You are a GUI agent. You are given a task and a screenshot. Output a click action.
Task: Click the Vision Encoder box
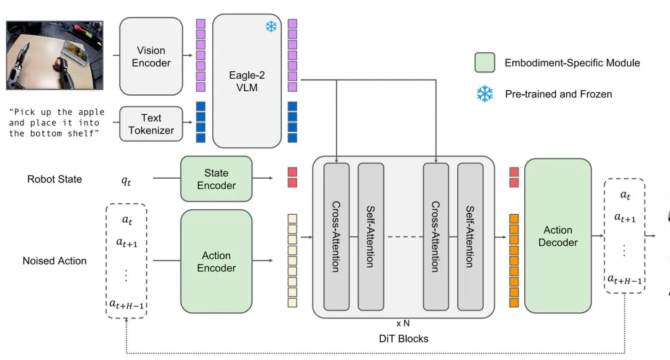(x=151, y=56)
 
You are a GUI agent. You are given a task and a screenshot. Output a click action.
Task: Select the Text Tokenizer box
(x=151, y=124)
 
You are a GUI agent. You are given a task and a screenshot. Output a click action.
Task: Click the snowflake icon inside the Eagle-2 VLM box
(x=271, y=27)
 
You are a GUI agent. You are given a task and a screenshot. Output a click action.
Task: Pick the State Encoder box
(x=216, y=179)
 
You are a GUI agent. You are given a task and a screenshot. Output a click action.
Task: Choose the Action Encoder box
(x=216, y=261)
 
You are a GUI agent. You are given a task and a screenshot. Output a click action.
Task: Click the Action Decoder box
(x=558, y=236)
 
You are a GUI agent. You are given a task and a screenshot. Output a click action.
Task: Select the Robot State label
(x=55, y=179)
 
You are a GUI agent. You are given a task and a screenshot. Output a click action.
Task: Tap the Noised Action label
(x=55, y=261)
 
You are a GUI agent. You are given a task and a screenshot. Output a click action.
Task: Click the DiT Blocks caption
(x=403, y=338)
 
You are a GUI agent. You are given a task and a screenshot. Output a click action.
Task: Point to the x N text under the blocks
(x=403, y=323)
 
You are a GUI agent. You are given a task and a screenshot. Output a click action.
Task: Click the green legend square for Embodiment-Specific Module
(x=484, y=63)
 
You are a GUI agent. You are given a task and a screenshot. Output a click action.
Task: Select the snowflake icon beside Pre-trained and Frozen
(x=484, y=94)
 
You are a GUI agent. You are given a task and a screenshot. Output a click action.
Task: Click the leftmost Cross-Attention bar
(x=336, y=236)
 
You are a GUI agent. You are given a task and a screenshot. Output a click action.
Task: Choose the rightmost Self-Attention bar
(x=470, y=236)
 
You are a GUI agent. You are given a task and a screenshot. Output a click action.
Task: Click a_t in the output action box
(x=625, y=195)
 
